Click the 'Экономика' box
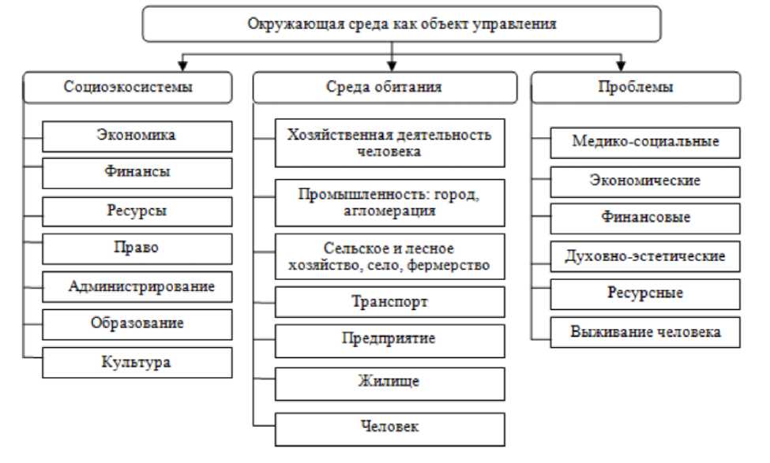pyautogui.click(x=137, y=135)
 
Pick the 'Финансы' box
pyautogui.click(x=137, y=173)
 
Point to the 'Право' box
pyautogui.click(x=137, y=248)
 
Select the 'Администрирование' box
pyautogui.click(x=137, y=286)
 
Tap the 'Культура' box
pyautogui.click(x=137, y=362)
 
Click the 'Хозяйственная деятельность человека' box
pyautogui.click(x=389, y=143)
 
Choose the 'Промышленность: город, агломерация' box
pyautogui.click(x=389, y=202)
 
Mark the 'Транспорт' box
pyautogui.click(x=389, y=302)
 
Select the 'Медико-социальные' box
pyautogui.click(x=645, y=142)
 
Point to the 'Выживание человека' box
pyautogui.click(x=645, y=331)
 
